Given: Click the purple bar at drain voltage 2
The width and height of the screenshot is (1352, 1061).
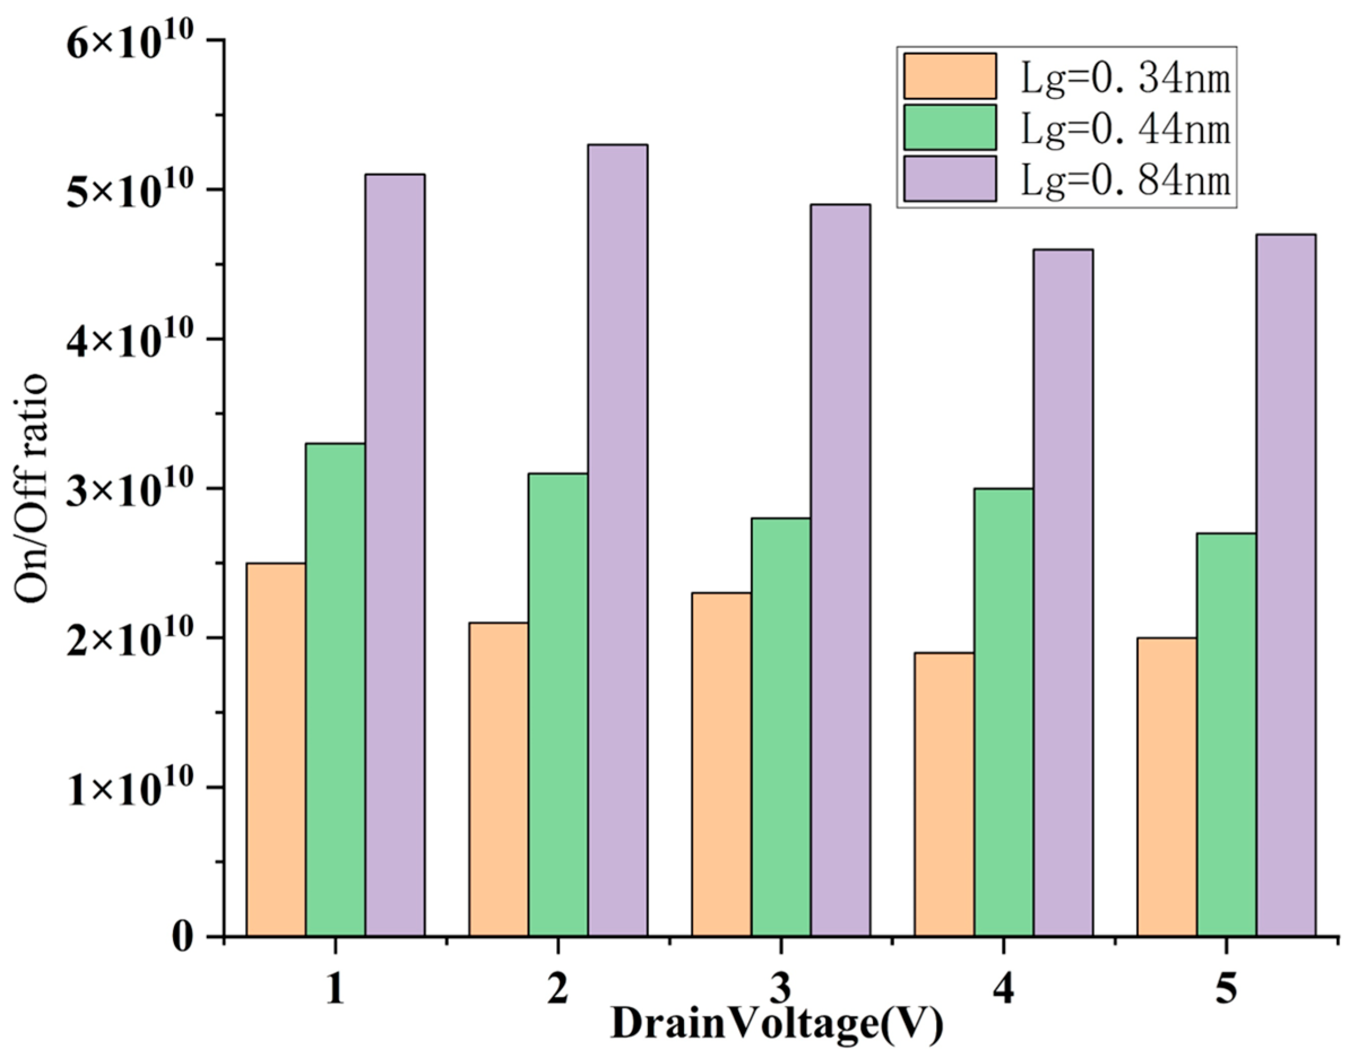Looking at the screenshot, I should coord(618,540).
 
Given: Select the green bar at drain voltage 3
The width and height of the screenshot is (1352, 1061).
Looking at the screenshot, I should coord(781,727).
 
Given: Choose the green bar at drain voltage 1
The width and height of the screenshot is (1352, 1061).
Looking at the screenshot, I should coord(335,690).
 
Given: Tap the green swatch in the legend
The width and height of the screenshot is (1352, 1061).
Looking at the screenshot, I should coord(950,127).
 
